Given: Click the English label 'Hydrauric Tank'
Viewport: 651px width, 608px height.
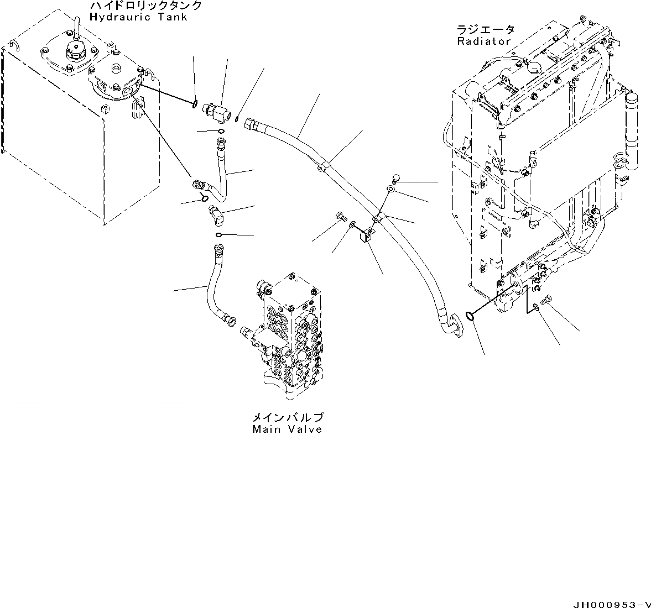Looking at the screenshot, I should point(138,17).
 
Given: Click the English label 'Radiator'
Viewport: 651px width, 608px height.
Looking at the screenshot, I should point(484,41).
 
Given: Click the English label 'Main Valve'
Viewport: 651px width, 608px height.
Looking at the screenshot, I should point(287,429).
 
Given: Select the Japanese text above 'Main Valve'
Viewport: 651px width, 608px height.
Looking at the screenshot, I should point(287,417).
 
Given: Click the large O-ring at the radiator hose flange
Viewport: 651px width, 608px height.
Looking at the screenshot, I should point(469,316).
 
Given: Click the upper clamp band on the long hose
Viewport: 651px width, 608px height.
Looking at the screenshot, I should point(323,165).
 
